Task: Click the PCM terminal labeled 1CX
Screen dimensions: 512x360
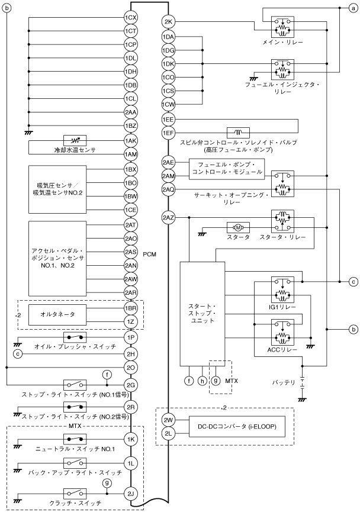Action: coord(131,17)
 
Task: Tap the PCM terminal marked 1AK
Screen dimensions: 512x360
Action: coord(131,141)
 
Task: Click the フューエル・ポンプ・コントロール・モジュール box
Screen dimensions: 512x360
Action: coord(227,168)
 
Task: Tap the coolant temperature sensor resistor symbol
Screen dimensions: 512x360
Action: coord(75,141)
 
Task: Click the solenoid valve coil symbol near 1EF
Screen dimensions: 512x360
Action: coord(238,132)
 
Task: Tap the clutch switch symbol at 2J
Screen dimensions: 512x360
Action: coord(74,492)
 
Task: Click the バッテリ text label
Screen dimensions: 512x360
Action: coord(284,382)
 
